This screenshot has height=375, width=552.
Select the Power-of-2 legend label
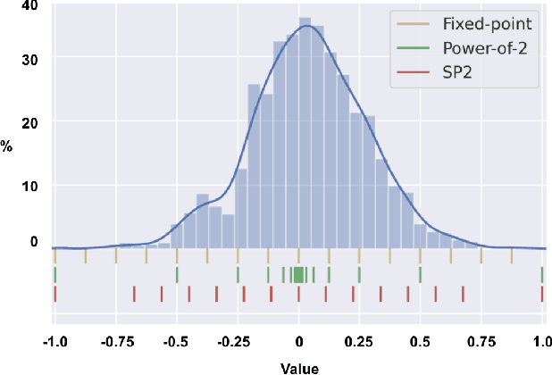(x=483, y=48)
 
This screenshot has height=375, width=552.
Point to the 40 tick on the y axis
(x=31, y=6)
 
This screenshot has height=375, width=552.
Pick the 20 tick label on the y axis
(x=31, y=121)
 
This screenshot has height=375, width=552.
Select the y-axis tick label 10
(x=31, y=185)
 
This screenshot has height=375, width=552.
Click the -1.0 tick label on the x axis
(x=55, y=341)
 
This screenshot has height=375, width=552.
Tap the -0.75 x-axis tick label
(x=115, y=341)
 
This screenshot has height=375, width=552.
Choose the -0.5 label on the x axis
(x=177, y=341)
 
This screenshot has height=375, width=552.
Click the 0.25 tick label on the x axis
(x=360, y=341)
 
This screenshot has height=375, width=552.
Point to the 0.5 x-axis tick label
(x=422, y=341)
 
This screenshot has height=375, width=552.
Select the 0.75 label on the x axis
(x=481, y=341)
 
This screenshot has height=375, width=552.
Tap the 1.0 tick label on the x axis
(x=542, y=341)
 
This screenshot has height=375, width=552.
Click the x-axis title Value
(x=298, y=366)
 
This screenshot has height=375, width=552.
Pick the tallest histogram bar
(x=305, y=134)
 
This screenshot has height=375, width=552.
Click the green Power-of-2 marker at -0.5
(x=177, y=274)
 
